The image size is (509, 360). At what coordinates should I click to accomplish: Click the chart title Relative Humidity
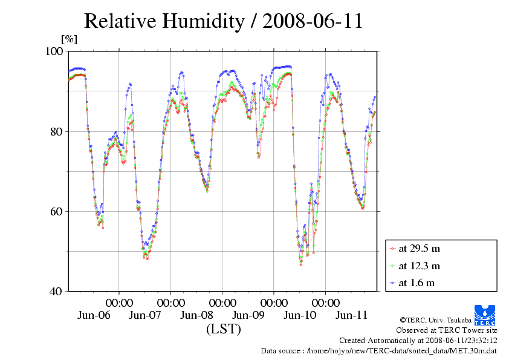point(223,21)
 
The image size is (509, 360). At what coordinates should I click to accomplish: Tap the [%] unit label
point(70,39)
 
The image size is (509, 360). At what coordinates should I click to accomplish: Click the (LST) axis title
point(223,329)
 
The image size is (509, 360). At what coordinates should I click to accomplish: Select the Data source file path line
point(378,350)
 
